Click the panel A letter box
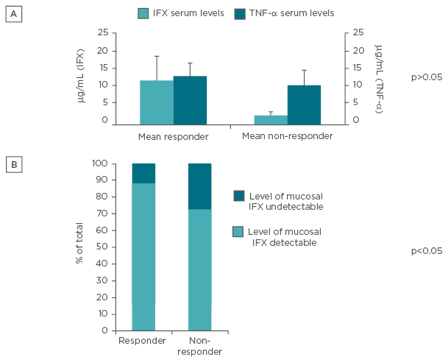coord(13,13)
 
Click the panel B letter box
coord(13,164)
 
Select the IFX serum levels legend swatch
coord(145,13)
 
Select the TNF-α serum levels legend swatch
coord(240,13)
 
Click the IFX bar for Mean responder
coord(157,103)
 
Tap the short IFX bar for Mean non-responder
coord(271,121)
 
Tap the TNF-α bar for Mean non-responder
coord(304,105)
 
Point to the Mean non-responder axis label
coord(288,137)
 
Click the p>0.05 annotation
coord(426,77)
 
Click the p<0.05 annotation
coord(426,251)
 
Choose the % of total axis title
coord(80,247)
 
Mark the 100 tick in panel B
coord(99,163)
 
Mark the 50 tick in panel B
coord(101,247)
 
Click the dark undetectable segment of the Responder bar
coord(143,173)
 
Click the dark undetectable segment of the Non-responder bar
coord(199,186)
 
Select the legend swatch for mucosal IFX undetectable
coord(240,195)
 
